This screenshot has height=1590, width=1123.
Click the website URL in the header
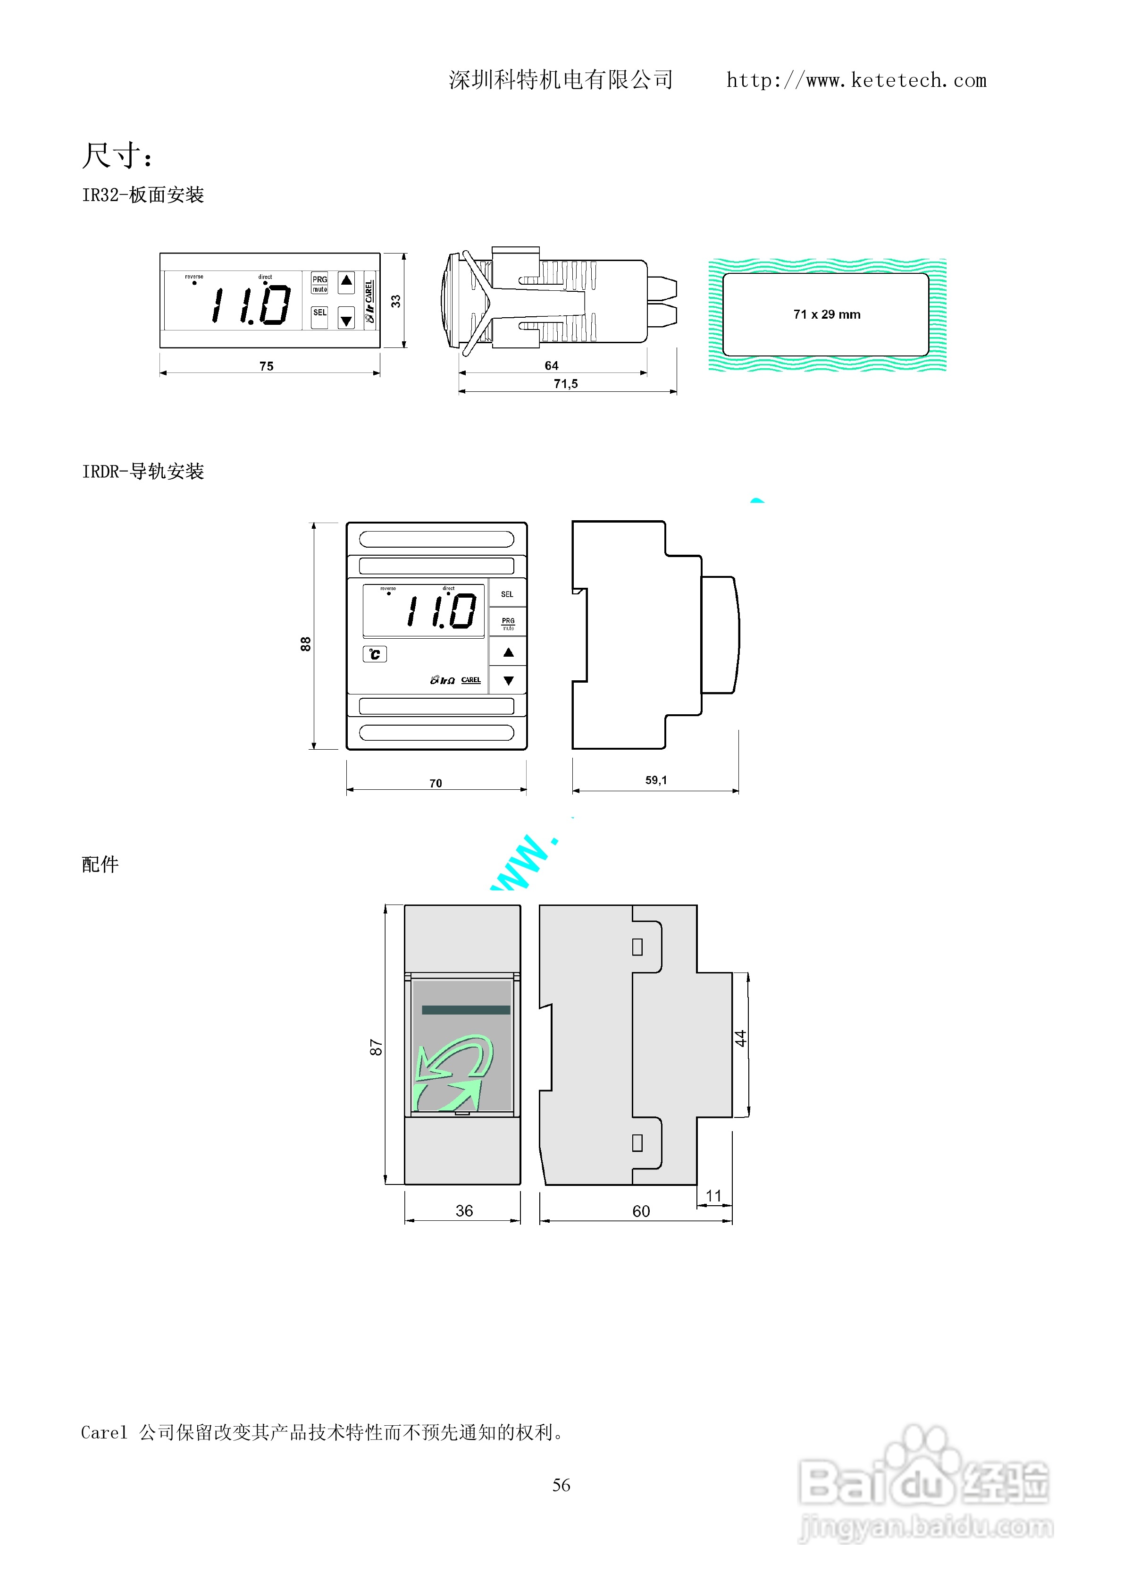click(x=856, y=80)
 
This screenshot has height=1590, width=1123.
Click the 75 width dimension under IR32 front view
click(x=267, y=366)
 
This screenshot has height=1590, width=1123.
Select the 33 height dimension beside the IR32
click(x=395, y=301)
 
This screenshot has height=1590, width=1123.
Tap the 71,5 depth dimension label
click(x=566, y=384)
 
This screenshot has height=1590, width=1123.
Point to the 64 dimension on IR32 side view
click(x=551, y=366)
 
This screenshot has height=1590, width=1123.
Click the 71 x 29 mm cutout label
click(x=827, y=314)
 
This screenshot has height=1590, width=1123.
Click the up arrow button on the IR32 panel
click(x=346, y=281)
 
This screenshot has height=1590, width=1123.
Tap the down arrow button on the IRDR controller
click(x=508, y=681)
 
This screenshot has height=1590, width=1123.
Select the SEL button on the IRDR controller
click(x=507, y=594)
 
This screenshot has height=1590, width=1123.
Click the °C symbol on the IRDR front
click(x=375, y=654)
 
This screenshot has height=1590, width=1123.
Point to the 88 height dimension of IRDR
click(x=305, y=644)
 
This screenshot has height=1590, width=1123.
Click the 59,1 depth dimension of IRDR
click(x=656, y=780)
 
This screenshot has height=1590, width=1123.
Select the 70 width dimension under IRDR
click(x=436, y=783)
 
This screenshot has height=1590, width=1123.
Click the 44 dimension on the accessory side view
click(x=741, y=1038)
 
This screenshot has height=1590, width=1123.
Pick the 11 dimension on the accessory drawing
click(x=713, y=1196)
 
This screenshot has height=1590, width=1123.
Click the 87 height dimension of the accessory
click(x=376, y=1048)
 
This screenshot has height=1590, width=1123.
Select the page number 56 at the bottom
click(x=561, y=1485)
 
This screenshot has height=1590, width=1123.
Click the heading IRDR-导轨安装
click(x=142, y=472)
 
